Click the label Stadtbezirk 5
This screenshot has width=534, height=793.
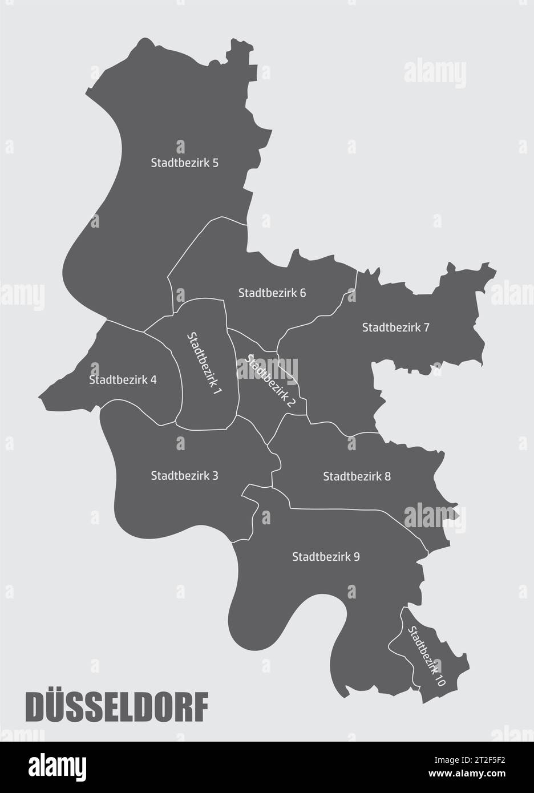[x=184, y=163]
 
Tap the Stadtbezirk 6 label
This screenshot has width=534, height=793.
[x=272, y=293]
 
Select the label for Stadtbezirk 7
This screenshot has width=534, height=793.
[x=395, y=327]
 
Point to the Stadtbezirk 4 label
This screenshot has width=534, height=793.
[x=123, y=379]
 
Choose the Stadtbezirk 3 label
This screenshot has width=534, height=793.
[x=184, y=475]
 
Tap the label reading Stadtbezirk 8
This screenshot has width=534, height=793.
[x=357, y=476]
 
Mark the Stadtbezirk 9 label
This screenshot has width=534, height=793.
[x=325, y=556]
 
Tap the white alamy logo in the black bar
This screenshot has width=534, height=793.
[x=56, y=767]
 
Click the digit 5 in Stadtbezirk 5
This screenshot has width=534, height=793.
[x=215, y=163]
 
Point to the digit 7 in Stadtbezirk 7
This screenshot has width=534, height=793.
[x=426, y=327]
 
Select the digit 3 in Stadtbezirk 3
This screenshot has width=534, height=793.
[x=215, y=475]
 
